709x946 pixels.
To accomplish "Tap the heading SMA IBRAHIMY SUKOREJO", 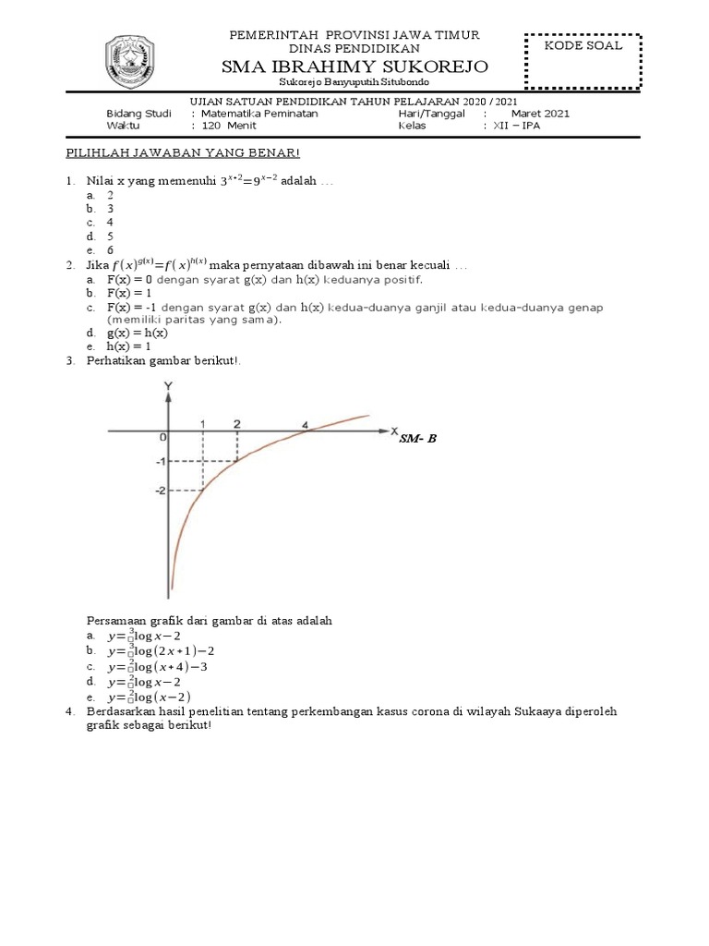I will pos(354,67).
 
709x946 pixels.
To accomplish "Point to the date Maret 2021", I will pos(540,114).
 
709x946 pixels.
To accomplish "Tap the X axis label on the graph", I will pos(394,431).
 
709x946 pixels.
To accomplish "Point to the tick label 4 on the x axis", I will pos(305,425).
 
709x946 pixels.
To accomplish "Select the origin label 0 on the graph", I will pos(162,437).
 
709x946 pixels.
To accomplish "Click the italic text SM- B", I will pos(417,439).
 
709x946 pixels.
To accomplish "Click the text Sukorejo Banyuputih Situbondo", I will pos(354,83).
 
